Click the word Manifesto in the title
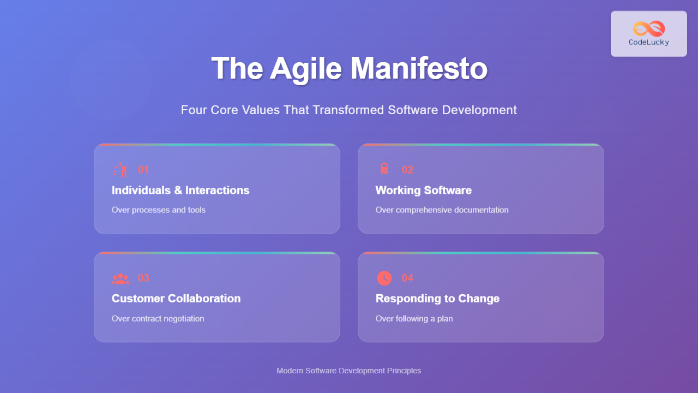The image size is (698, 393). (418, 69)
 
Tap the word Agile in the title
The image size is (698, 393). (305, 69)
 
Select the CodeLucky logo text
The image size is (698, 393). (649, 43)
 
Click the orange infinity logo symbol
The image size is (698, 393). (649, 28)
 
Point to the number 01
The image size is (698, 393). (143, 170)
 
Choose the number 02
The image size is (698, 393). (407, 170)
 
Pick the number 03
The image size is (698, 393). (143, 278)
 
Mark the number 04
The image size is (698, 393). (407, 278)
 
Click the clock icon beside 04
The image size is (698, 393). (384, 278)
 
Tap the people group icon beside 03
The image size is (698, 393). (120, 278)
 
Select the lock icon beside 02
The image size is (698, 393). (384, 169)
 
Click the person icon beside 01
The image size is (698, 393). (120, 170)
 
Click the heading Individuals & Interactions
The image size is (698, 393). (180, 190)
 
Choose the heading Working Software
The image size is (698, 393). (424, 190)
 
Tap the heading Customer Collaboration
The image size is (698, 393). (176, 299)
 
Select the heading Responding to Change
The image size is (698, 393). (437, 299)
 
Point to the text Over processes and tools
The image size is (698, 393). (159, 210)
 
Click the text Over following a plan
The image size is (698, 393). (414, 318)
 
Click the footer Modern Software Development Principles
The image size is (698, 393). (349, 371)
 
